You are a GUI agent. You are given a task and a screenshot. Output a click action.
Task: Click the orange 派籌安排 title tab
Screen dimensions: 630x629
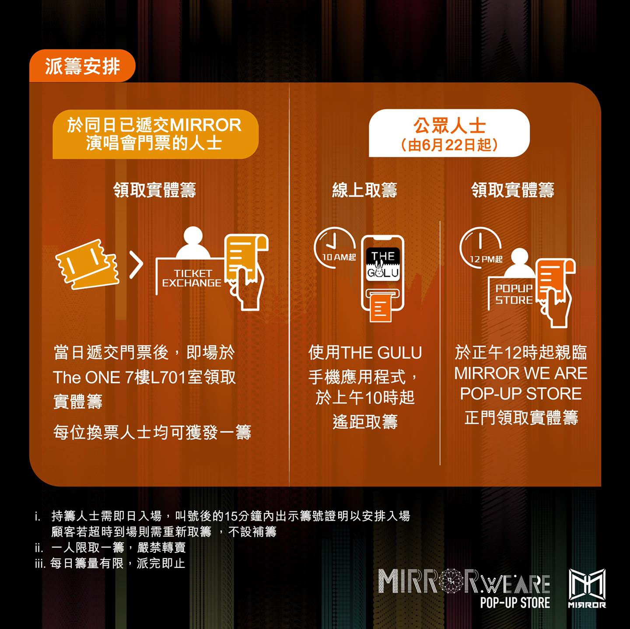pos(82,66)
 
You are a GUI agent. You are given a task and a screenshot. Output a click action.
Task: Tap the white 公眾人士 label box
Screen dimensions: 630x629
pos(449,133)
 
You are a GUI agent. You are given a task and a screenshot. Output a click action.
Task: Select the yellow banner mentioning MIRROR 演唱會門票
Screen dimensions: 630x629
pos(155,134)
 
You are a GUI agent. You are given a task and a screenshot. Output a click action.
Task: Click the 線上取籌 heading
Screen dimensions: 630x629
pos(364,190)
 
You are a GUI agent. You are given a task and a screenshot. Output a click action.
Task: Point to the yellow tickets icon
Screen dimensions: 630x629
pos(87,264)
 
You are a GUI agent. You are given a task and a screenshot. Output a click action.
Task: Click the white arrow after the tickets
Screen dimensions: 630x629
pos(136,265)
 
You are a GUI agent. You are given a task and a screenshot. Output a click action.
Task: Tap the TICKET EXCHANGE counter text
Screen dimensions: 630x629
pos(192,278)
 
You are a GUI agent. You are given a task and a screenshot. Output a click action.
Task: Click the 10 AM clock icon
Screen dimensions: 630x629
pos(334,248)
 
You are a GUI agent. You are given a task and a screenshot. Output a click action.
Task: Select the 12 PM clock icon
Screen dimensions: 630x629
pos(480,248)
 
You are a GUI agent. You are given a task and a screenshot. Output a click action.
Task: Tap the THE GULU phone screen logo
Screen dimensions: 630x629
pos(383,264)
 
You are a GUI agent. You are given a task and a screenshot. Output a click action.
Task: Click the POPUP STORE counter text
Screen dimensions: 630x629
pos(514,294)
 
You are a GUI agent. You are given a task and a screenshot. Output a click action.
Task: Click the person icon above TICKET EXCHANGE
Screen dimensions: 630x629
pos(193,242)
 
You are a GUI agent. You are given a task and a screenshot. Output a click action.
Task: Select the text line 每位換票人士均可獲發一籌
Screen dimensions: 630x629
pos(152,433)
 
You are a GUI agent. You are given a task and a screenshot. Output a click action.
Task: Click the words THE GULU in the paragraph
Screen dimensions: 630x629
pos(381,353)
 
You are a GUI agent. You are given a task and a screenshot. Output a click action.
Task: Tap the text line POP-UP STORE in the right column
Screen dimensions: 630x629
pos(521,394)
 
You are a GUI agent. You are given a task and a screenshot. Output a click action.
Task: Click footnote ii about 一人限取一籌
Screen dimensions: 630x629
pos(110,547)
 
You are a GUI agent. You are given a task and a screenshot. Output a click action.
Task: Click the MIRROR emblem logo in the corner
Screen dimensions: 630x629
pos(587,588)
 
